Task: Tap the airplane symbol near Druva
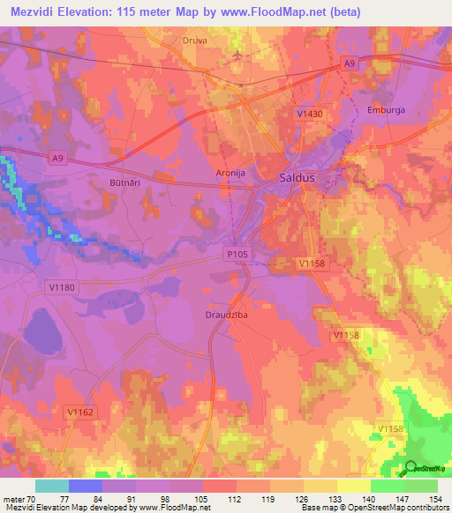click(237, 56)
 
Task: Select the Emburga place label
click(385, 110)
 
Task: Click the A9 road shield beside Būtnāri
click(57, 158)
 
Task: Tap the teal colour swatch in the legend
click(52, 485)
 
